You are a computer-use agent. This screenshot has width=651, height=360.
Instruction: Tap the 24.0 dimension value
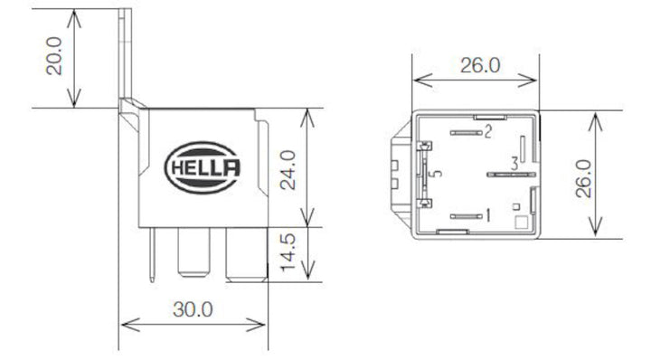(288, 168)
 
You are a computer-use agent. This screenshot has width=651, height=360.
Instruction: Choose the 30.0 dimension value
(193, 308)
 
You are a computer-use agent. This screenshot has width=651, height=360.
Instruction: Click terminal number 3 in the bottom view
(514, 164)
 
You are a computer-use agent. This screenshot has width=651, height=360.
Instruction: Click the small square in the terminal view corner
(519, 221)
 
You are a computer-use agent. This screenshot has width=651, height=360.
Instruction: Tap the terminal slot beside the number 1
(465, 216)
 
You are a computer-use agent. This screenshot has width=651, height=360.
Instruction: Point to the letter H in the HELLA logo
(177, 169)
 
